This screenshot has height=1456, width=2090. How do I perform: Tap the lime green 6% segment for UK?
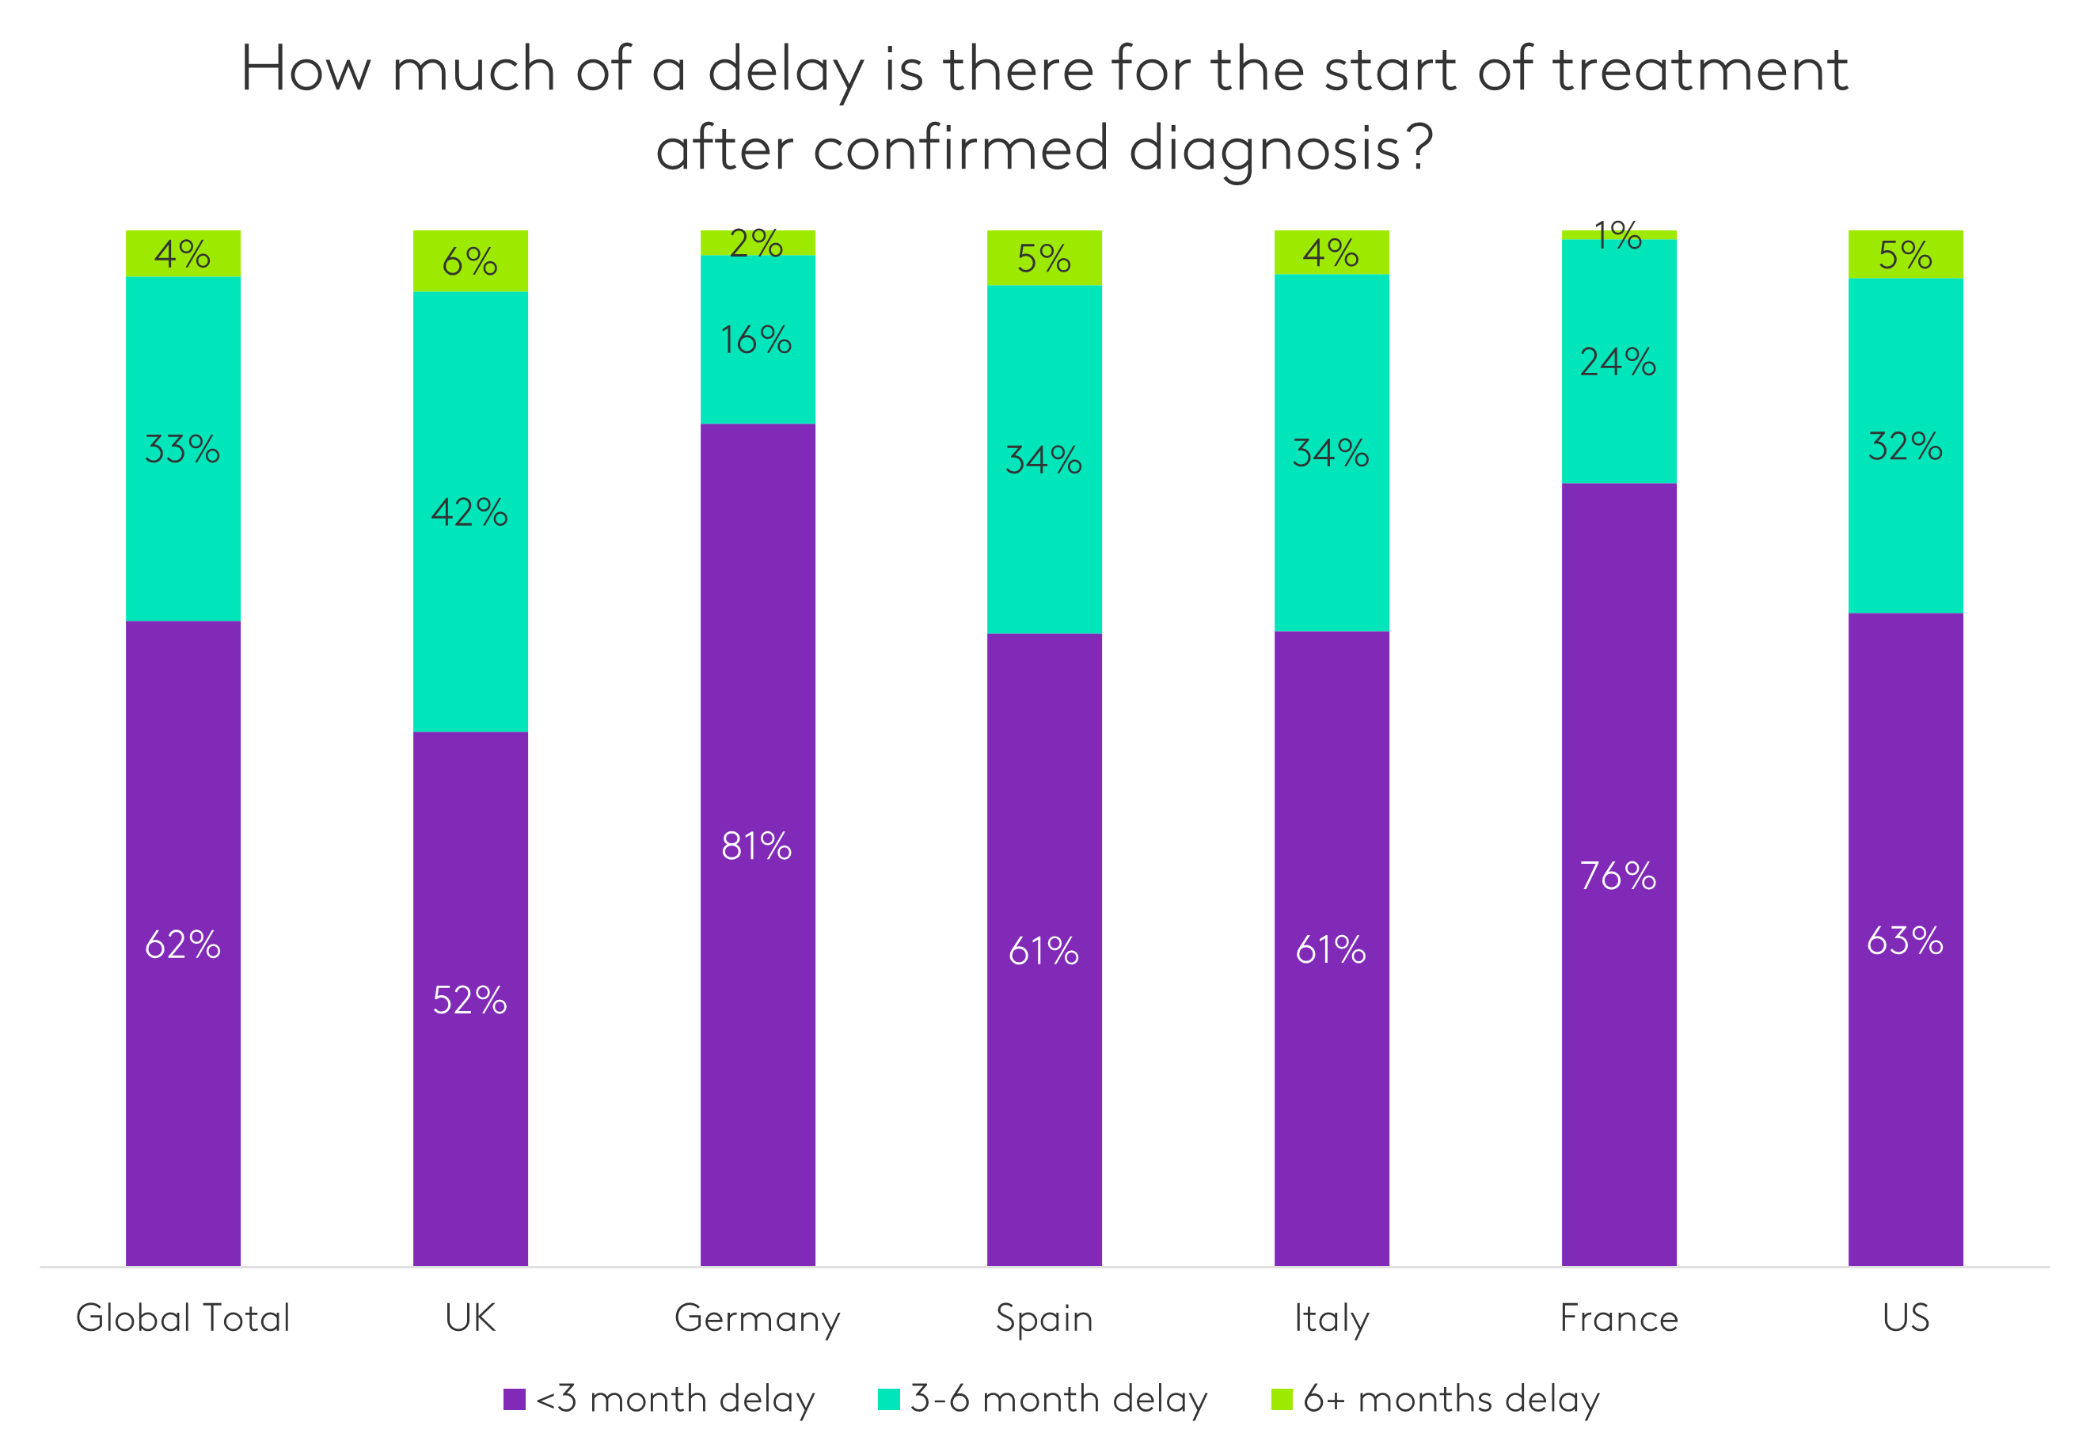point(470,261)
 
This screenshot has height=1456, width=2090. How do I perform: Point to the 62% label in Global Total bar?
point(183,945)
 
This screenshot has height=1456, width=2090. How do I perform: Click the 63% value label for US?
point(1906,941)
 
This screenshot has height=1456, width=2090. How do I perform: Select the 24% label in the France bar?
point(1618,363)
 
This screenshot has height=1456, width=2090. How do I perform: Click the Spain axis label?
point(1044,1318)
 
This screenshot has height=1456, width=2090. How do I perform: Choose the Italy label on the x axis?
point(1331,1318)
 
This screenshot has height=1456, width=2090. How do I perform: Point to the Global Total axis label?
point(183,1318)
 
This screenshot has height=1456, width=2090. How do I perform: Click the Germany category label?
point(758,1318)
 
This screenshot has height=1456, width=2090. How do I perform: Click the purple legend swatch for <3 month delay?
point(515,1400)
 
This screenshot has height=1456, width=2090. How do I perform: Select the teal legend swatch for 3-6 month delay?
point(888,1400)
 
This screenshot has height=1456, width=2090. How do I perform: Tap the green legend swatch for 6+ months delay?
point(1282,1400)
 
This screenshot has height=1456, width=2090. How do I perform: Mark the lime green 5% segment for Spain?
point(1044,259)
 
